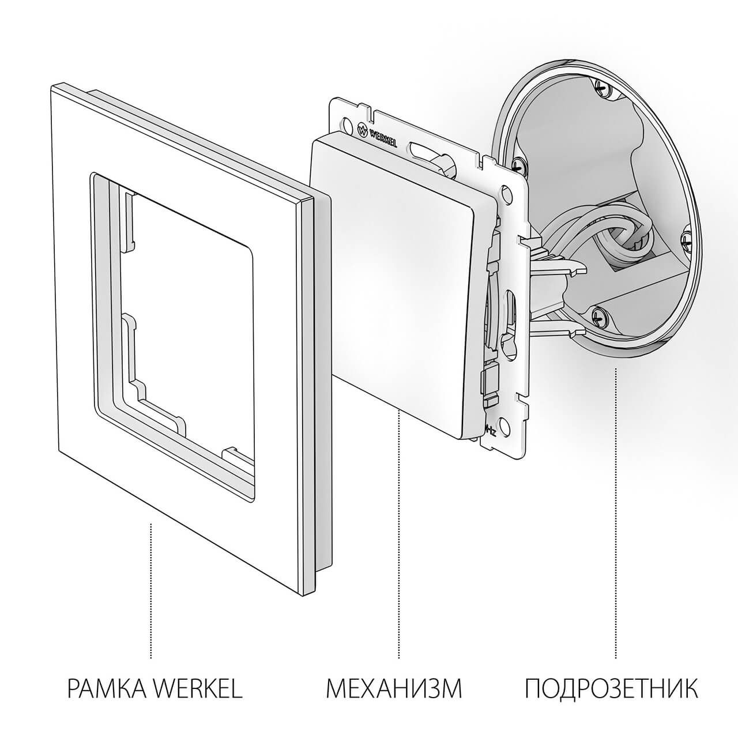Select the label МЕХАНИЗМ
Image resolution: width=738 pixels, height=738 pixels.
pyautogui.click(x=394, y=689)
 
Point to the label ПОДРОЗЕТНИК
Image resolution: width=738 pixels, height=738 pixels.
pyautogui.click(x=611, y=689)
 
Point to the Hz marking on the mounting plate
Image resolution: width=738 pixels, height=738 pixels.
pyautogui.click(x=490, y=430)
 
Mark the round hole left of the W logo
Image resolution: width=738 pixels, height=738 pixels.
pyautogui.click(x=346, y=123)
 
